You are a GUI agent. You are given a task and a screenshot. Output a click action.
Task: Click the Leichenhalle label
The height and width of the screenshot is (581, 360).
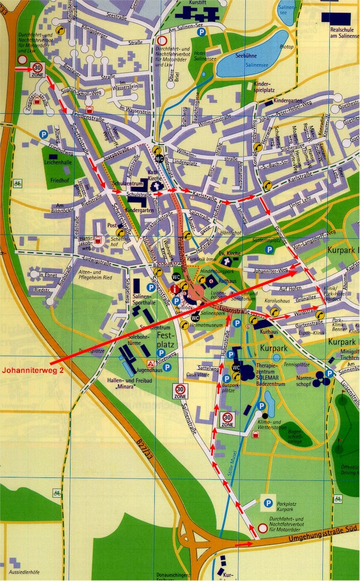point(61,163)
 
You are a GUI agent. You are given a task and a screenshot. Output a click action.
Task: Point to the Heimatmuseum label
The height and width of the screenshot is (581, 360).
point(207,324)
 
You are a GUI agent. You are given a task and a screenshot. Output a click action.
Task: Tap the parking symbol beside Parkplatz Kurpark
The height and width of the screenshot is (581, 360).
point(267,503)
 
